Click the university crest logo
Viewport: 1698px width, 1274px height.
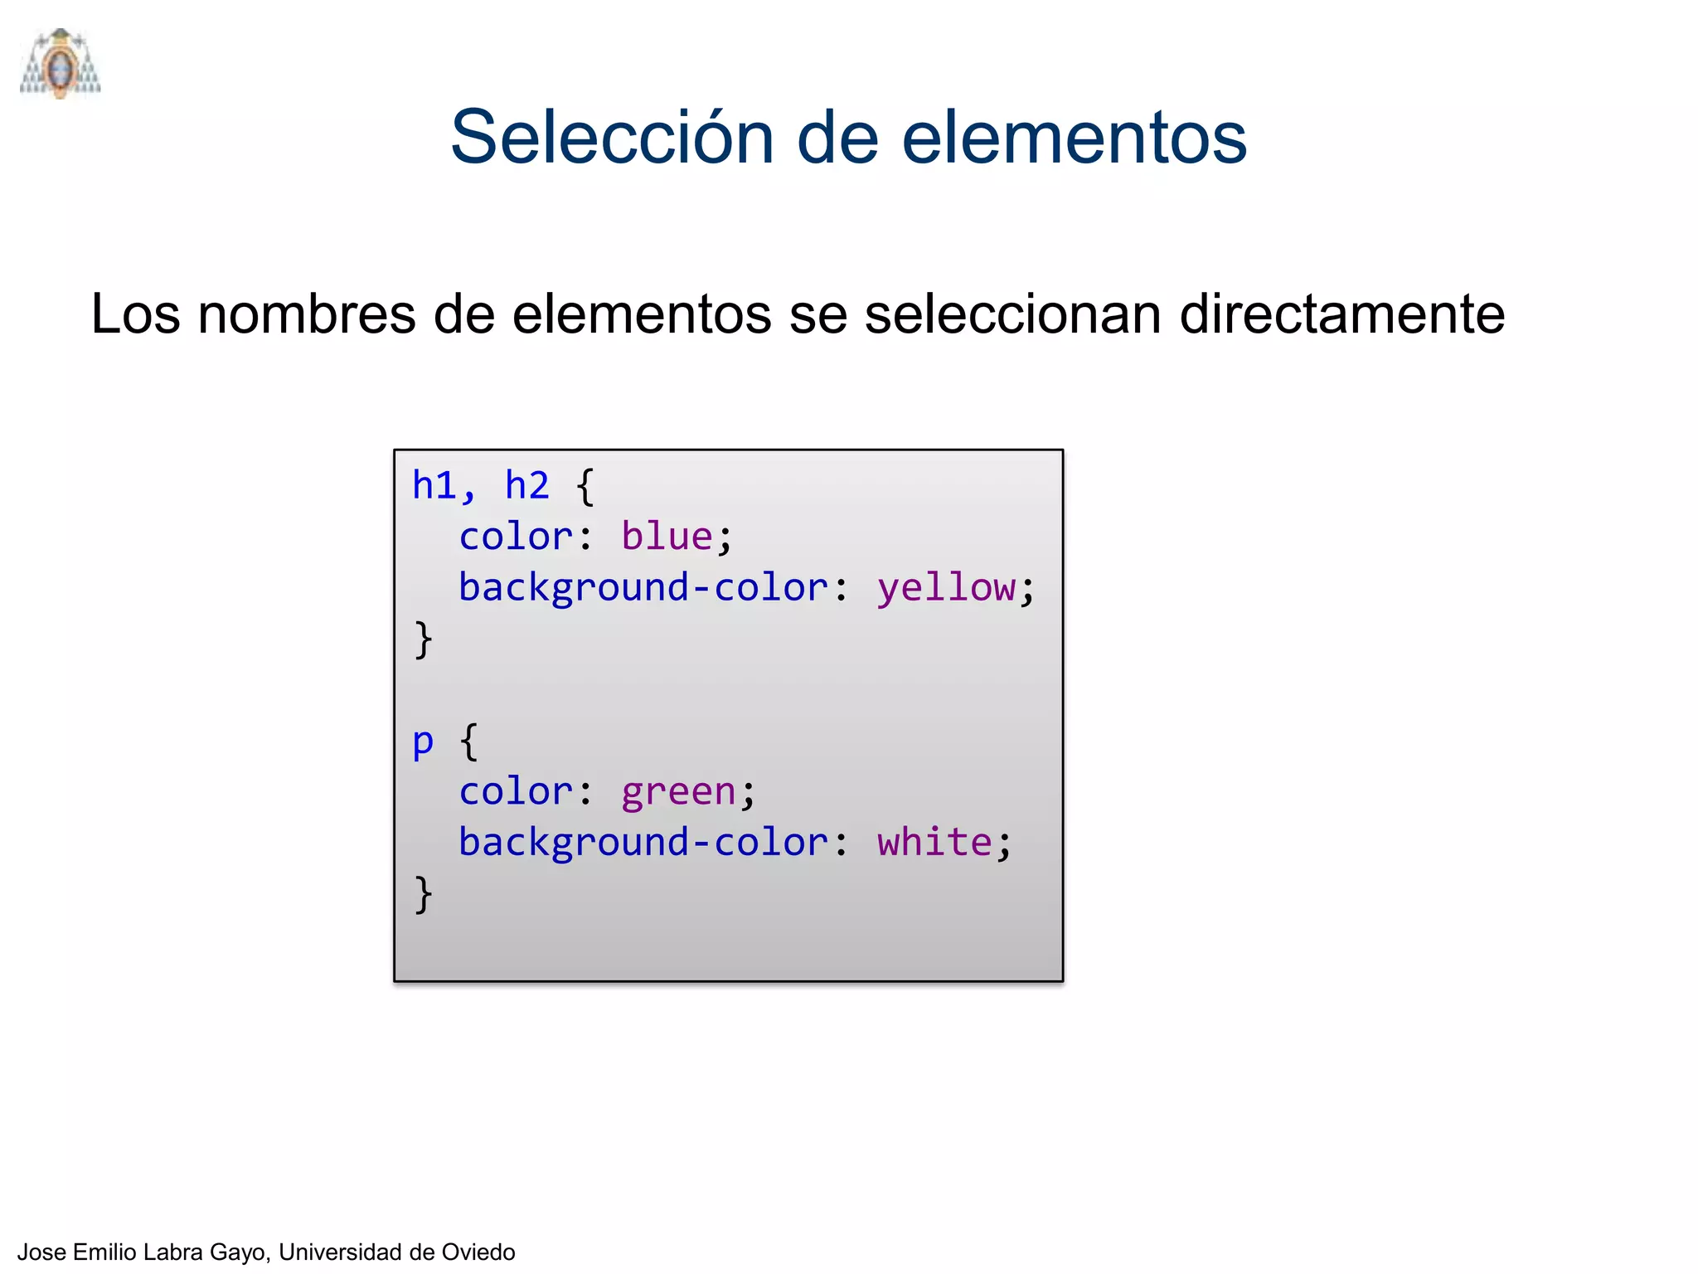(x=60, y=65)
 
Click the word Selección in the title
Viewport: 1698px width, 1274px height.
(x=612, y=137)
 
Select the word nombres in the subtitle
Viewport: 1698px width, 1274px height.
(x=306, y=314)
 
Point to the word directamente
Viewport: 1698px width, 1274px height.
(x=1341, y=314)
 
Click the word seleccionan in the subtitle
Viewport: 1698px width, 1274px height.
(x=1012, y=314)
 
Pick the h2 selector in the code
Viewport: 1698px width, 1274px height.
(x=527, y=485)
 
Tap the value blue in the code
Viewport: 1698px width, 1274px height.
(x=667, y=537)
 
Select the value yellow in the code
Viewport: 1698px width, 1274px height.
(x=946, y=588)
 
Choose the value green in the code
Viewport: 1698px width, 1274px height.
(x=678, y=791)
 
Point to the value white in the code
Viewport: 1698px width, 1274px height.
(x=934, y=843)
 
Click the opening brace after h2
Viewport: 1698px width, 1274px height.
(x=585, y=486)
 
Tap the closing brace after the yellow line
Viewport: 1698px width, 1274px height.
(x=424, y=639)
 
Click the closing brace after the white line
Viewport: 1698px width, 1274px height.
(x=424, y=894)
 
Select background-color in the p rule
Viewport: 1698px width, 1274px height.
(x=643, y=843)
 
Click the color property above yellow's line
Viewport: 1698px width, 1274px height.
(x=516, y=537)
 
